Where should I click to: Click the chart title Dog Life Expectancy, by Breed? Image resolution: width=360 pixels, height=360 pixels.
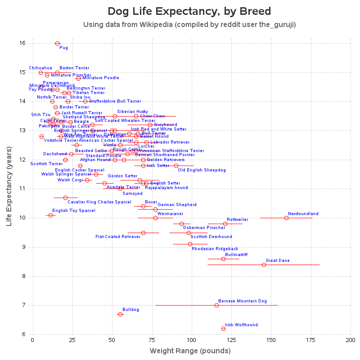pos(189,11)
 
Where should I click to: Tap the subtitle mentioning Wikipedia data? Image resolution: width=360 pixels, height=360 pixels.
pos(189,24)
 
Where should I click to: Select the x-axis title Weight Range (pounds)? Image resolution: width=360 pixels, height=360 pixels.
pos(190,351)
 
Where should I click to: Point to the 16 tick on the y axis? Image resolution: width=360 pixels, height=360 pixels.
pos(23,43)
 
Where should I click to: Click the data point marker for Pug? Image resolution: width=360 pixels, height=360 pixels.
pos(57,44)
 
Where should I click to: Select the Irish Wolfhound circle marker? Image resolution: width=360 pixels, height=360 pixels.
pos(223,328)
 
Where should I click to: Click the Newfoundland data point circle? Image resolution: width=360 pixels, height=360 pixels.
pos(286,218)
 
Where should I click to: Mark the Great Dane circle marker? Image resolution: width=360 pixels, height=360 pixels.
pos(264,265)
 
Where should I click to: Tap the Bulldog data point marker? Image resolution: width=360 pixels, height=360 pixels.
pos(120,314)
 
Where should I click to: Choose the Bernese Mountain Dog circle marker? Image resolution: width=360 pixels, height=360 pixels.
pos(216,305)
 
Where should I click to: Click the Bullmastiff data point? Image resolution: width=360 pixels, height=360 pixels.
pos(223,259)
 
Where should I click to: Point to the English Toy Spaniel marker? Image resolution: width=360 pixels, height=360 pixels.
pos(50,215)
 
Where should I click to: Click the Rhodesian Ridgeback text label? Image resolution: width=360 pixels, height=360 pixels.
pos(213,249)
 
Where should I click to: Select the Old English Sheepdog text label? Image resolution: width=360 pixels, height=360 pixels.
pos(202,170)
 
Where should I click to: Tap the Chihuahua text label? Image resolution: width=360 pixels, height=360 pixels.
pos(40,68)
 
